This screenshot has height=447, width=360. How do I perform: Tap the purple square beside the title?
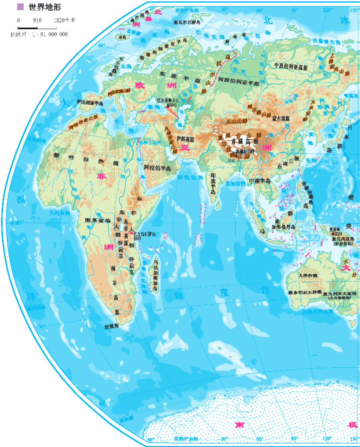(21, 7)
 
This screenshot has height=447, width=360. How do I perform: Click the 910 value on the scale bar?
(37, 20)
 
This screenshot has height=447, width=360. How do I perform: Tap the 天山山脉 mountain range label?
(237, 121)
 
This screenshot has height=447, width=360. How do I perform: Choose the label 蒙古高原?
(281, 119)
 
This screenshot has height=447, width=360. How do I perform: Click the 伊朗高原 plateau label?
(185, 139)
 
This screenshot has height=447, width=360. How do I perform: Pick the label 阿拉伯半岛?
(157, 168)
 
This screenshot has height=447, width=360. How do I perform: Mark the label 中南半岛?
(260, 181)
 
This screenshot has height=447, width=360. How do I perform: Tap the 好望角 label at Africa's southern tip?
(111, 327)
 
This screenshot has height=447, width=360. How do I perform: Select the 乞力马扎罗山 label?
(144, 234)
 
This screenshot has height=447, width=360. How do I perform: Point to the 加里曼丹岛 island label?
(283, 227)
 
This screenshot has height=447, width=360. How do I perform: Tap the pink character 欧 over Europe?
(140, 85)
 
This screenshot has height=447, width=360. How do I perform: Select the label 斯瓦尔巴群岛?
(187, 22)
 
